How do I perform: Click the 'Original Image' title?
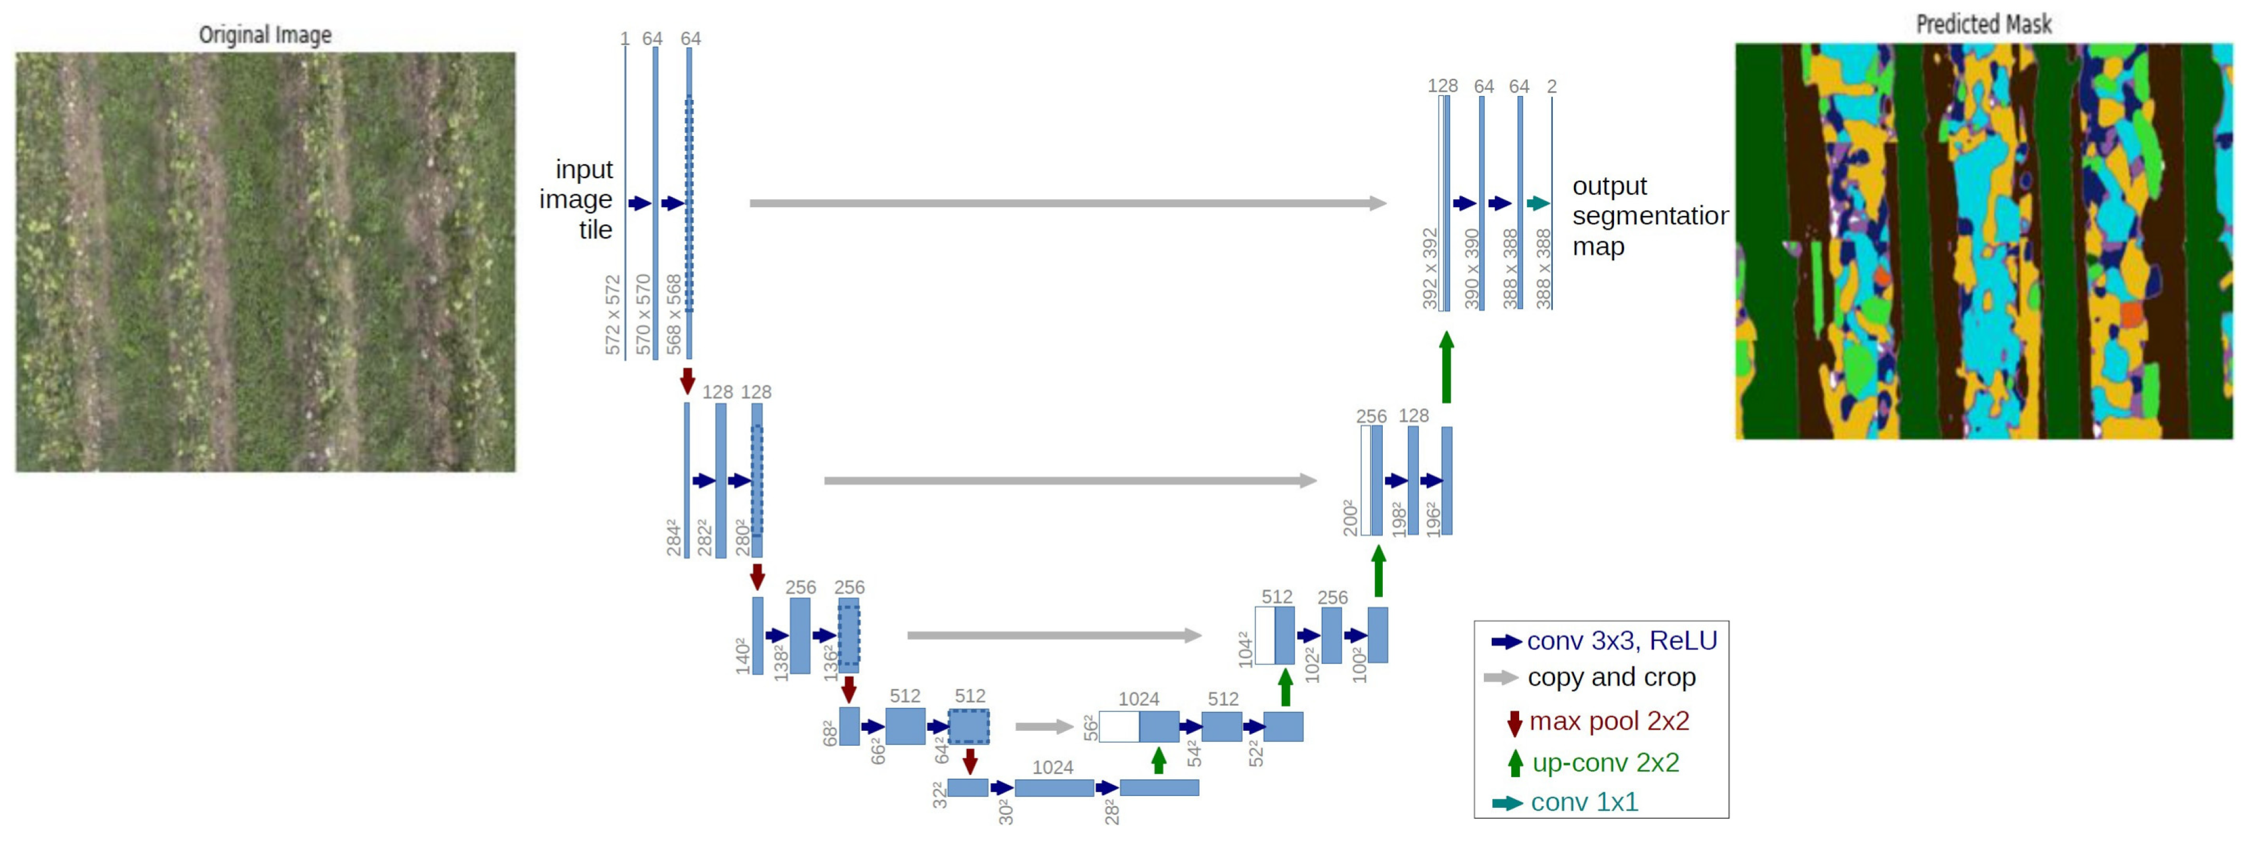coord(265,34)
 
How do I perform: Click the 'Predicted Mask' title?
coord(1983,23)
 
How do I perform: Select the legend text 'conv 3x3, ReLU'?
coord(1622,641)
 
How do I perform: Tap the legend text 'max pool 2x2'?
coord(1609,721)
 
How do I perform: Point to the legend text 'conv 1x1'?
coord(1584,802)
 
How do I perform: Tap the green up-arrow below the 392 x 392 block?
coord(1446,367)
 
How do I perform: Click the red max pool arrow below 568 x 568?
coord(687,380)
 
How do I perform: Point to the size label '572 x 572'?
coord(613,315)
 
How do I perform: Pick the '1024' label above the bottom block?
coord(1052,767)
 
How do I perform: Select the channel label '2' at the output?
coord(1552,87)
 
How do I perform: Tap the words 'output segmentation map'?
coord(1649,216)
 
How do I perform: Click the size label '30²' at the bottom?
coord(1006,812)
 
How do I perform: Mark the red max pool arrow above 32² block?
coord(968,760)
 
